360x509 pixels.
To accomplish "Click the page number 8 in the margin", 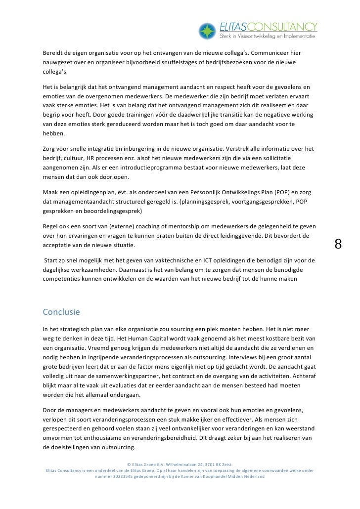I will (338, 244).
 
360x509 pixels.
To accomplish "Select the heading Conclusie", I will (62, 312).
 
